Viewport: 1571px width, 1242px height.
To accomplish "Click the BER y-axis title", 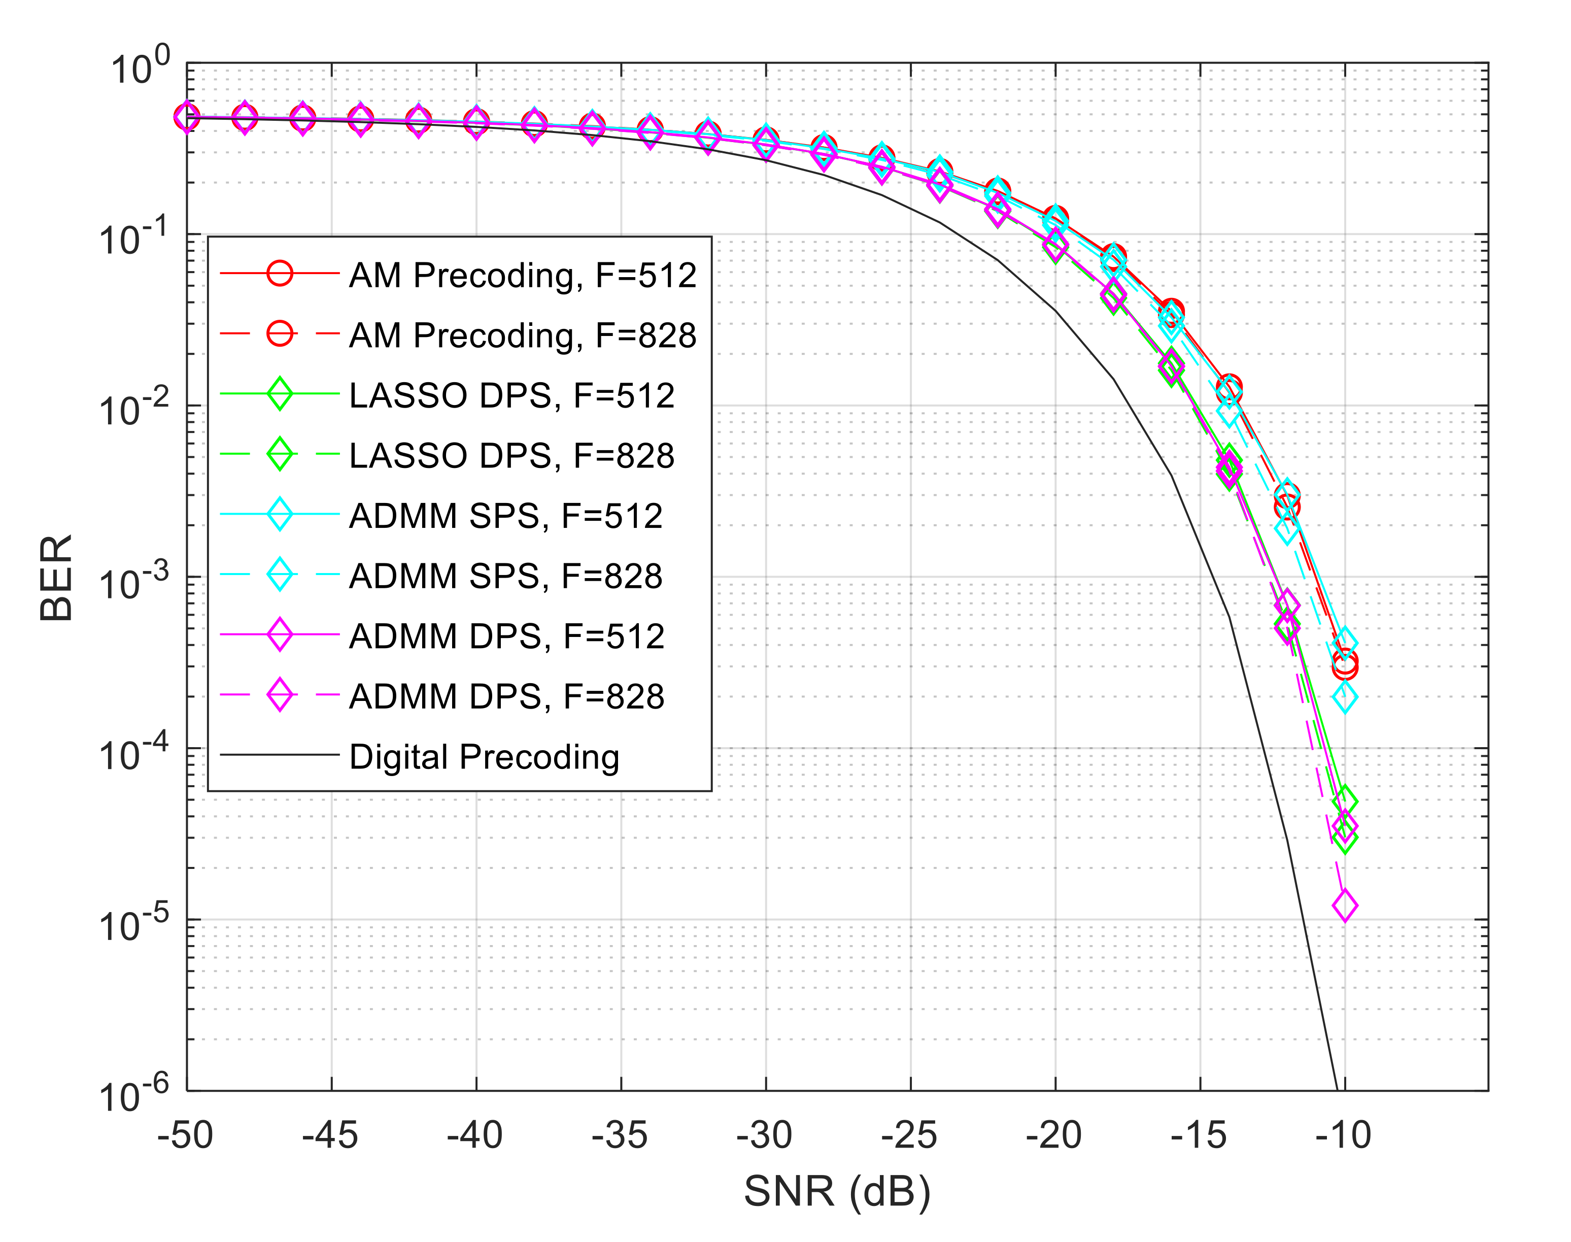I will (x=57, y=578).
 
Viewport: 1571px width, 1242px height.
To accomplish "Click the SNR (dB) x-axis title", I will (x=837, y=1191).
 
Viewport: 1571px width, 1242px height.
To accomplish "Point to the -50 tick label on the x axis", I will (x=185, y=1135).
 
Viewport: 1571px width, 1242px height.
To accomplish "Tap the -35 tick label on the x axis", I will (x=620, y=1135).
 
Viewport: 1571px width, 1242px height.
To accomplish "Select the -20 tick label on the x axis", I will (x=1053, y=1135).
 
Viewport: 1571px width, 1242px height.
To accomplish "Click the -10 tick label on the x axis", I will (x=1343, y=1135).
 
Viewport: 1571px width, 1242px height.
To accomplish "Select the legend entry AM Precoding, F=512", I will (x=522, y=276).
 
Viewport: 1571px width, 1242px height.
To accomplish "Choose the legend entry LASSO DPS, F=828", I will (x=511, y=456).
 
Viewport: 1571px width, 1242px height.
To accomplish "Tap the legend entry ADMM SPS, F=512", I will (x=505, y=516).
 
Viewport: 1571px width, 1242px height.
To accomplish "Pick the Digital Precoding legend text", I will (x=484, y=757).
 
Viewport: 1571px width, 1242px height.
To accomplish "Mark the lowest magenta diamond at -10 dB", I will (x=1344, y=906).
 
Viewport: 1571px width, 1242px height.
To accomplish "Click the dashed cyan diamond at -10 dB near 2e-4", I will (x=1344, y=697).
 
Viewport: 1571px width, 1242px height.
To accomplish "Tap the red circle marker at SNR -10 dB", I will (x=1344, y=664).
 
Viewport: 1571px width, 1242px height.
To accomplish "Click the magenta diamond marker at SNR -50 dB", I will (x=187, y=117).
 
